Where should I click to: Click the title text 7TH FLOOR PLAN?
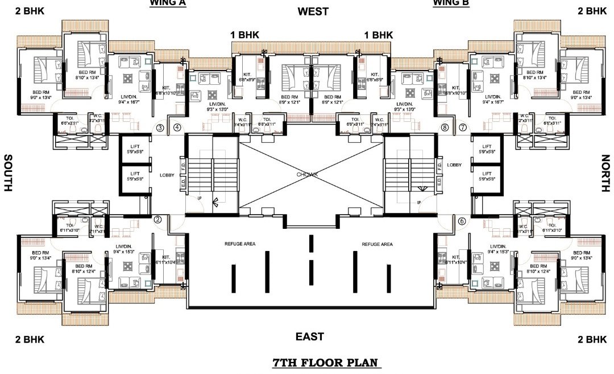point(326,363)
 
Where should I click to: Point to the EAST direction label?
point(310,336)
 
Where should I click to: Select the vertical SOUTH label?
point(9,172)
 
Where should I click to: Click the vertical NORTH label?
point(606,172)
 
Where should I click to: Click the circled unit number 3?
point(160,128)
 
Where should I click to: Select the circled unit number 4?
point(177,128)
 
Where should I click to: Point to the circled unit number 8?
point(445,128)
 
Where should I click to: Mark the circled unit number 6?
point(462,220)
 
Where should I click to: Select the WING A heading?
point(168,3)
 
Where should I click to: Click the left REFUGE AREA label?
point(239,244)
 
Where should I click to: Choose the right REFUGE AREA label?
point(377,244)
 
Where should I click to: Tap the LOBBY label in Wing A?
point(167,175)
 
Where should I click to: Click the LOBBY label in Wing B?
point(454,165)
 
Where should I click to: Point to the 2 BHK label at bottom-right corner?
point(592,339)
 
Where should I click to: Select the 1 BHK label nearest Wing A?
point(244,35)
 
